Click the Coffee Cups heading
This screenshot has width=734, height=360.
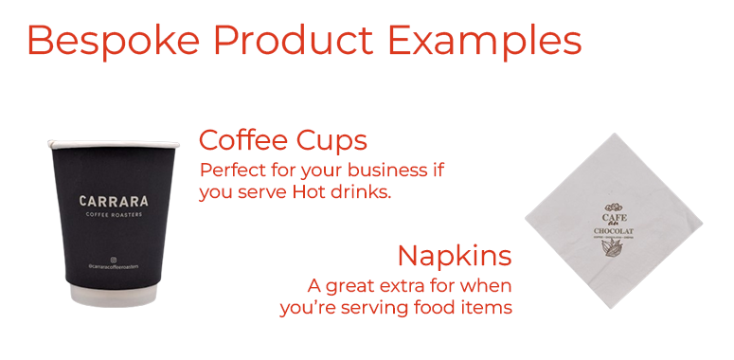[x=282, y=141]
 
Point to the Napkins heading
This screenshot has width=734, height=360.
[x=455, y=256]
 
